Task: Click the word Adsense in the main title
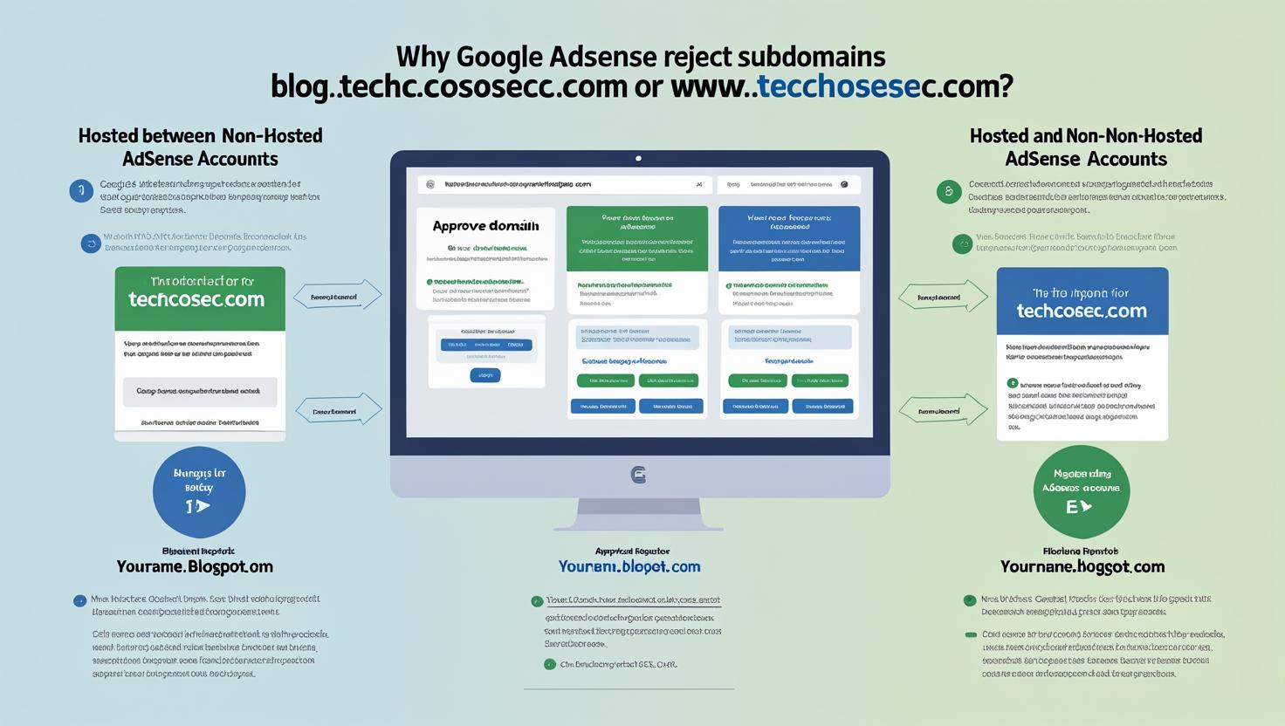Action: [601, 57]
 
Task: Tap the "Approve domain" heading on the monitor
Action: [485, 226]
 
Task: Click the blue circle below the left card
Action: [199, 492]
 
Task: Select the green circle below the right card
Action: [1081, 492]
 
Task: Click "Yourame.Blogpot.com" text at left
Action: [195, 567]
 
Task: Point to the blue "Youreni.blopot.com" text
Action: [629, 567]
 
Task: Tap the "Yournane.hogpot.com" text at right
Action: [1082, 567]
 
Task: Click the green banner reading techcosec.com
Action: [200, 298]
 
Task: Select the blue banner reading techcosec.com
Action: [1082, 302]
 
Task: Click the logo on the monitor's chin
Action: [638, 475]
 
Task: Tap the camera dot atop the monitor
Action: [638, 159]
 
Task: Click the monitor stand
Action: [638, 515]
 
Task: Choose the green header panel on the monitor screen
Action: [636, 238]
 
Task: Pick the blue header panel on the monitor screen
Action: [788, 238]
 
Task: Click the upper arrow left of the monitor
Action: [338, 297]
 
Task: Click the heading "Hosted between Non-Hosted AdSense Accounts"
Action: [200, 147]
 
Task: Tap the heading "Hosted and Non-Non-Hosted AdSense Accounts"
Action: [1085, 147]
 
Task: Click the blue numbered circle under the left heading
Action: [81, 190]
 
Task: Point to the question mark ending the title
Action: [1006, 86]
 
